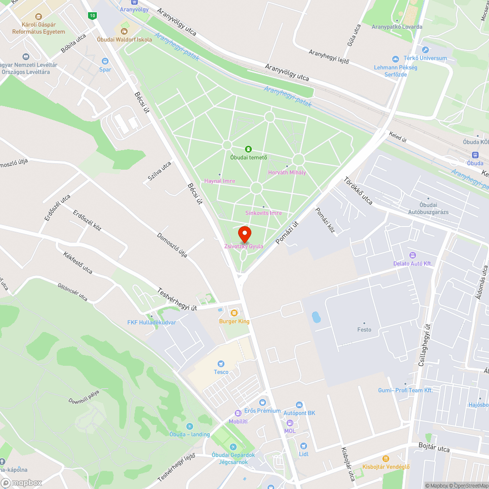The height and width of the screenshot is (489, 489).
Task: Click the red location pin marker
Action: [x=244, y=233]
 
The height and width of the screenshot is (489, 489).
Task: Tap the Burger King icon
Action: [x=234, y=312]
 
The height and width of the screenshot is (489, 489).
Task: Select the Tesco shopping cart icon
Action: [x=221, y=363]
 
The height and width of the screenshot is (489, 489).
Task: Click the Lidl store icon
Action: [x=304, y=445]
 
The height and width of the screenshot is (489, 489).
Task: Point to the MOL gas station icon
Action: [x=289, y=422]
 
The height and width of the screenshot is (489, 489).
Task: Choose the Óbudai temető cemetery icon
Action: [x=248, y=149]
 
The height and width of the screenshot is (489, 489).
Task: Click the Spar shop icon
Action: [x=105, y=61]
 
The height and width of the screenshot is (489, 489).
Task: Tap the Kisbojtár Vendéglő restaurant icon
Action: [x=386, y=458]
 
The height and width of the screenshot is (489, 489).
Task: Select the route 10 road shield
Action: [x=92, y=16]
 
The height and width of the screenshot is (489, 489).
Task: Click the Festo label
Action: [x=364, y=330]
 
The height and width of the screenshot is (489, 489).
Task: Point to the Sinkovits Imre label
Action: [x=264, y=213]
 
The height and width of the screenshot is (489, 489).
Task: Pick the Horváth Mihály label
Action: [x=287, y=172]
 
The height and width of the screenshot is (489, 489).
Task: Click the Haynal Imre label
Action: [x=220, y=180]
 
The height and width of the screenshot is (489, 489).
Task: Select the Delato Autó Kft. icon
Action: [x=413, y=255]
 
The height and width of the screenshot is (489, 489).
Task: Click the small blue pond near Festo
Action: [x=316, y=317]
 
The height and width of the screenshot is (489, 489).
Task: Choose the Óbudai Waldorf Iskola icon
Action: [x=124, y=31]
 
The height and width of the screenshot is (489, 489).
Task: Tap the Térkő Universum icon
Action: [x=425, y=50]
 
